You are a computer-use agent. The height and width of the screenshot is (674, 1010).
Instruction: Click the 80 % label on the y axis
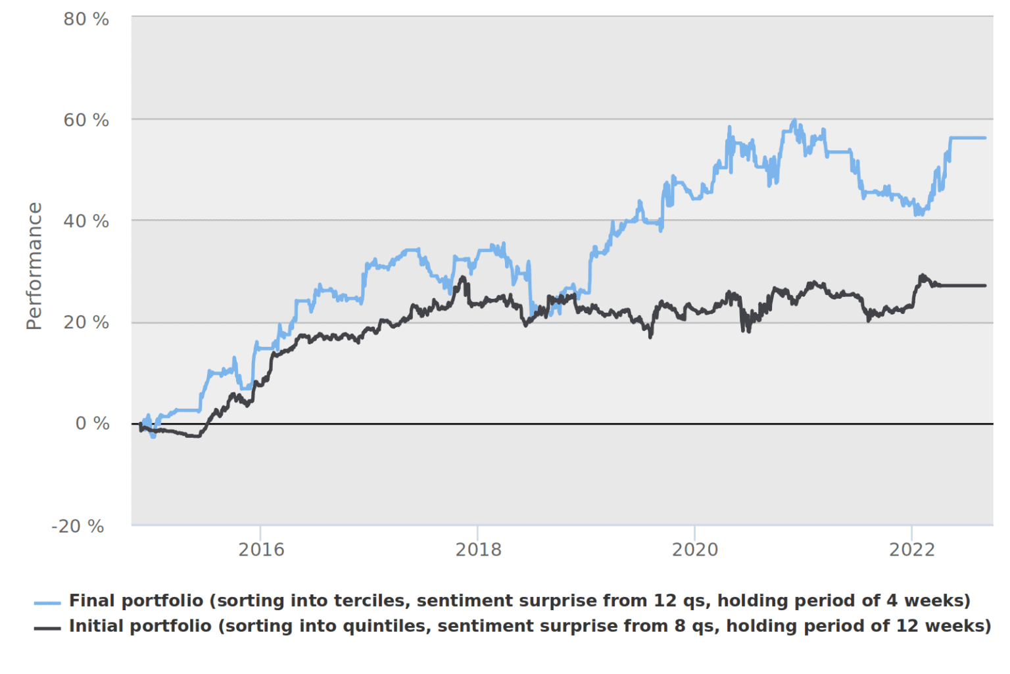(86, 19)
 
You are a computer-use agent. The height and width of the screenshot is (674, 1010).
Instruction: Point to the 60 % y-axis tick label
(86, 120)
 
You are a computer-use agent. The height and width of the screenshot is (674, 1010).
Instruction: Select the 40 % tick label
(86, 221)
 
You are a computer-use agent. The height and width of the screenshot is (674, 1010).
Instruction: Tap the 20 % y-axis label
(86, 323)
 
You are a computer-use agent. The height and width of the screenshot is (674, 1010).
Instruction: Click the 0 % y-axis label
(92, 423)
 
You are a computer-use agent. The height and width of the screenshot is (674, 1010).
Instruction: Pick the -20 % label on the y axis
(78, 526)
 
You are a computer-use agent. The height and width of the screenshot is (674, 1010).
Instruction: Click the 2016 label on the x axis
(261, 550)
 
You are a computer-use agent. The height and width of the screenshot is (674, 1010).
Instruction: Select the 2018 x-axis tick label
(478, 550)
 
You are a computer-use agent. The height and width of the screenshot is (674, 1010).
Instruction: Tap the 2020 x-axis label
(695, 550)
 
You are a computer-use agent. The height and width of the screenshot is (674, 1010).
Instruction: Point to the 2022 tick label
(912, 550)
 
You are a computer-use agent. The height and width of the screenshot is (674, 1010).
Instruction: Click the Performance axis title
(34, 266)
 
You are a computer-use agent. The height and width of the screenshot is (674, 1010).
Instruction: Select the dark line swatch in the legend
(47, 628)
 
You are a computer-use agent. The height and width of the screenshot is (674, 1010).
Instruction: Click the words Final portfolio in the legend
(136, 601)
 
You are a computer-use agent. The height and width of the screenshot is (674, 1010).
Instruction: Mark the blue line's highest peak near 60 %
(794, 121)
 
